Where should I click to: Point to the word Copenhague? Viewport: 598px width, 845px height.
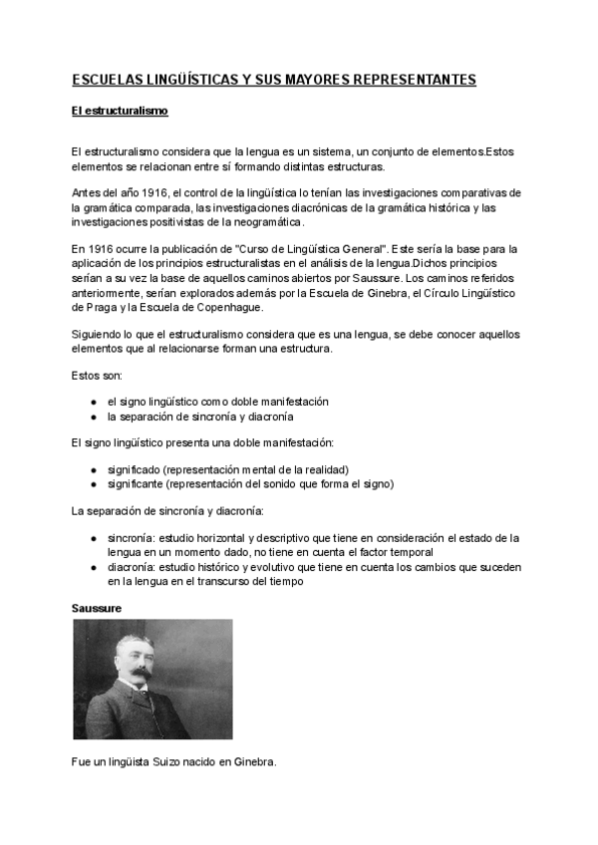pyautogui.click(x=227, y=308)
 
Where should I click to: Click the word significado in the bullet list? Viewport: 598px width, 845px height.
pyautogui.click(x=135, y=469)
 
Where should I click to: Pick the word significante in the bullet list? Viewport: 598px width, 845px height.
pyautogui.click(x=136, y=484)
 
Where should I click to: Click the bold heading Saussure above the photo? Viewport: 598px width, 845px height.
pyautogui.click(x=98, y=607)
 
